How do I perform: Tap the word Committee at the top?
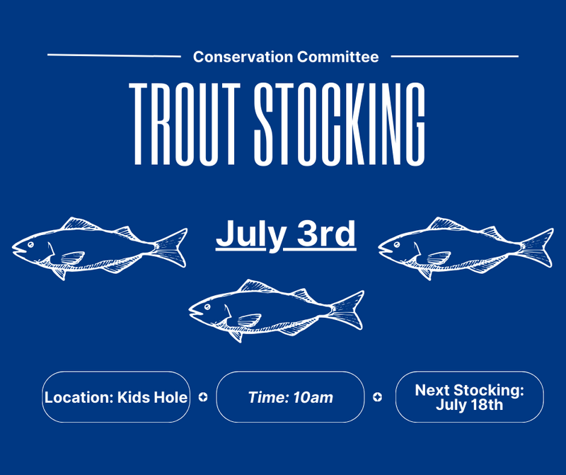click(x=338, y=57)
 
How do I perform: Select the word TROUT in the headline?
click(x=185, y=124)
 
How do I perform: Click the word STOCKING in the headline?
click(x=340, y=124)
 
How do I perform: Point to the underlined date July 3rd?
click(x=286, y=234)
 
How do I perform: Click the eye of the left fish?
click(x=30, y=244)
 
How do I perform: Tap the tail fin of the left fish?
click(x=171, y=248)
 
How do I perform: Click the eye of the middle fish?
click(x=207, y=307)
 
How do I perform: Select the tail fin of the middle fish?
click(x=347, y=310)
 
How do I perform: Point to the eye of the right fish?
click(x=397, y=244)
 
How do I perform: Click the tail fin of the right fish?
click(x=537, y=248)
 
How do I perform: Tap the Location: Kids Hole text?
click(x=116, y=397)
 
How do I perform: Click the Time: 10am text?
click(x=291, y=397)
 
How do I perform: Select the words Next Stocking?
click(x=469, y=390)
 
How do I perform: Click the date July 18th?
click(x=469, y=405)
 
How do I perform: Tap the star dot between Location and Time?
click(x=203, y=397)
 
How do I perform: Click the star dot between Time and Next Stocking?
click(x=378, y=397)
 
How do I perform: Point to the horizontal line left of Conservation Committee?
click(x=114, y=56)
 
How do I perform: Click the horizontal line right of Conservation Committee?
click(x=455, y=57)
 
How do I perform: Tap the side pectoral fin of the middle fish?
click(x=249, y=320)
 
